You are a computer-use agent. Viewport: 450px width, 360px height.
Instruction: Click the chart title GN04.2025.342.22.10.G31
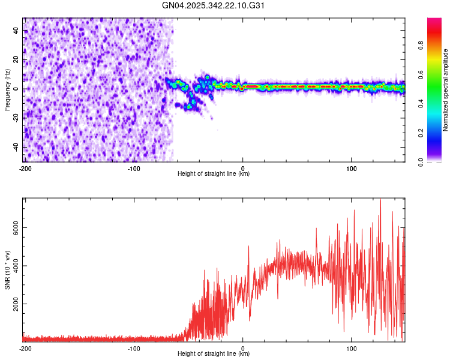214,5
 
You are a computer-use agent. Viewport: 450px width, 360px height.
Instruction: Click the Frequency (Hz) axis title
7,89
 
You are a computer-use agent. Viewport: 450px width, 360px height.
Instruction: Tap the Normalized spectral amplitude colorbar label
446,90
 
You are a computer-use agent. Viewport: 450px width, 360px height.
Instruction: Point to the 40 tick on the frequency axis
16,31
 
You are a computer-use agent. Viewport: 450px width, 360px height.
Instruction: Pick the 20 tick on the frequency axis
16,60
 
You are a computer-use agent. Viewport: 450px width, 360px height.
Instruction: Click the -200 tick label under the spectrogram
25,168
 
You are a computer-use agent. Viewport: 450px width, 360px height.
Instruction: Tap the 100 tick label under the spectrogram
351,168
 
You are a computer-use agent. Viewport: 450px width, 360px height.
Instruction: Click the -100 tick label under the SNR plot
134,348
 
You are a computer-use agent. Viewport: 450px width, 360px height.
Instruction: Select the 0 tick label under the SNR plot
242,348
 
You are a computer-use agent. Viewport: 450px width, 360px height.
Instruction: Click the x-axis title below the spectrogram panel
214,174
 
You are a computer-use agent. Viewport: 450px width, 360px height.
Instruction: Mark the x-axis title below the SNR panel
214,354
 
